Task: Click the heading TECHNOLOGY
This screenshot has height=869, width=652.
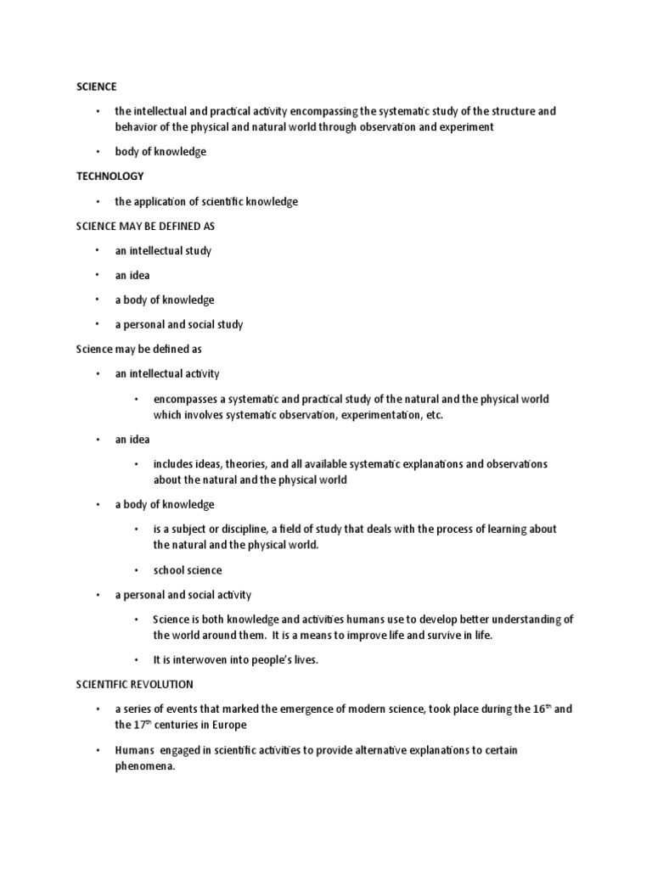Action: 110,177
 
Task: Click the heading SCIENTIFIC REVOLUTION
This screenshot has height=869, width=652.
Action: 134,684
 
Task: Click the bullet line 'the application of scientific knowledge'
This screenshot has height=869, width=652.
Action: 206,201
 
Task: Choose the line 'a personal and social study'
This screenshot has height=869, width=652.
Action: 179,324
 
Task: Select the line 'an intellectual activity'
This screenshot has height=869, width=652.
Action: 167,373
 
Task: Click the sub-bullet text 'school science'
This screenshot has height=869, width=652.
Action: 187,570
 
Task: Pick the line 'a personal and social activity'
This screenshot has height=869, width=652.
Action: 183,595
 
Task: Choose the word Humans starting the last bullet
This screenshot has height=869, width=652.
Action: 132,750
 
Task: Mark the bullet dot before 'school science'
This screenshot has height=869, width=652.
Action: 136,570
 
